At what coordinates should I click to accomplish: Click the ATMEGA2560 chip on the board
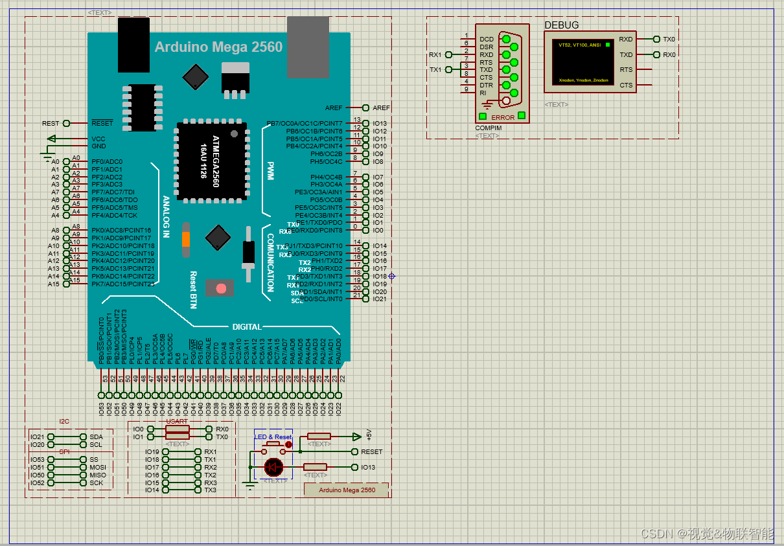click(x=211, y=161)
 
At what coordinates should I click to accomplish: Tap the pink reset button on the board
click(x=220, y=288)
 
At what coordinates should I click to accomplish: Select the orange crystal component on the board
click(x=186, y=239)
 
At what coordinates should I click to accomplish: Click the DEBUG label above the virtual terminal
click(x=561, y=25)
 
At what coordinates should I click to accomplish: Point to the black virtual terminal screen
click(x=582, y=62)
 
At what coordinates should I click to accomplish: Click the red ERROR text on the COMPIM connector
click(x=503, y=117)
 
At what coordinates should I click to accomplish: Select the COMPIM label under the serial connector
click(x=488, y=128)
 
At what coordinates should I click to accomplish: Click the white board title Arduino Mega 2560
click(x=218, y=47)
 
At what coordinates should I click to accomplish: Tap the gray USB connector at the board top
click(x=308, y=47)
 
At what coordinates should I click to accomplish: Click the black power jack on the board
click(x=134, y=45)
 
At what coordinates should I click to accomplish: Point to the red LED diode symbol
click(x=273, y=466)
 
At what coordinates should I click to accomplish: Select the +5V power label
click(x=369, y=435)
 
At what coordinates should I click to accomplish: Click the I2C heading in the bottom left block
click(x=64, y=422)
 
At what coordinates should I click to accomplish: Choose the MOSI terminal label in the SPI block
click(x=97, y=467)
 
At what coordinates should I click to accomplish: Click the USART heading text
click(x=177, y=422)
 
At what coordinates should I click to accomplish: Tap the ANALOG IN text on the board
click(x=166, y=217)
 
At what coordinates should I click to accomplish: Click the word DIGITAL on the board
click(x=247, y=327)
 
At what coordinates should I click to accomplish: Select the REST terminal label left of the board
click(x=51, y=123)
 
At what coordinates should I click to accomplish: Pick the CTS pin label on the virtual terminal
click(x=626, y=85)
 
